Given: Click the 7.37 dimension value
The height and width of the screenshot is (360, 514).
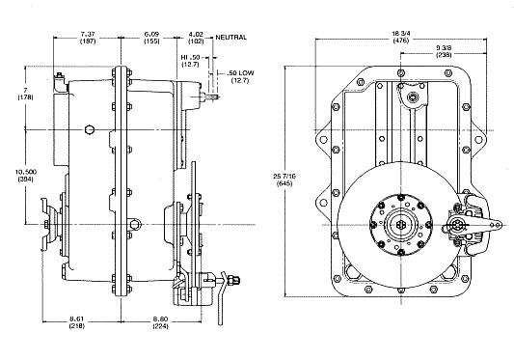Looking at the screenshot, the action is (x=88, y=34).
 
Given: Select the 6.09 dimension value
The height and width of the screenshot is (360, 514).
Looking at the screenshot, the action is (x=151, y=34).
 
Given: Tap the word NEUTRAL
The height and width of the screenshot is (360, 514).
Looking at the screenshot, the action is (x=230, y=38).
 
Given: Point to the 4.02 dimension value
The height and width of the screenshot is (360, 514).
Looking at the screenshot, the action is (x=196, y=34).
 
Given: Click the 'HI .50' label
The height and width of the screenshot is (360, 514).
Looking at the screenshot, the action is (x=190, y=58).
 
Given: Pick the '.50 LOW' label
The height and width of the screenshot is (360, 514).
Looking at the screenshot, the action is (x=240, y=72).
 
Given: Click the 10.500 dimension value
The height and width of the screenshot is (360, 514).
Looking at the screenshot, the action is (x=26, y=172).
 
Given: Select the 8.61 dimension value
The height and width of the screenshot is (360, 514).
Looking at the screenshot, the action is (x=77, y=318).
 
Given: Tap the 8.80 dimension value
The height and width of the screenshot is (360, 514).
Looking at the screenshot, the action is (x=161, y=318).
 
